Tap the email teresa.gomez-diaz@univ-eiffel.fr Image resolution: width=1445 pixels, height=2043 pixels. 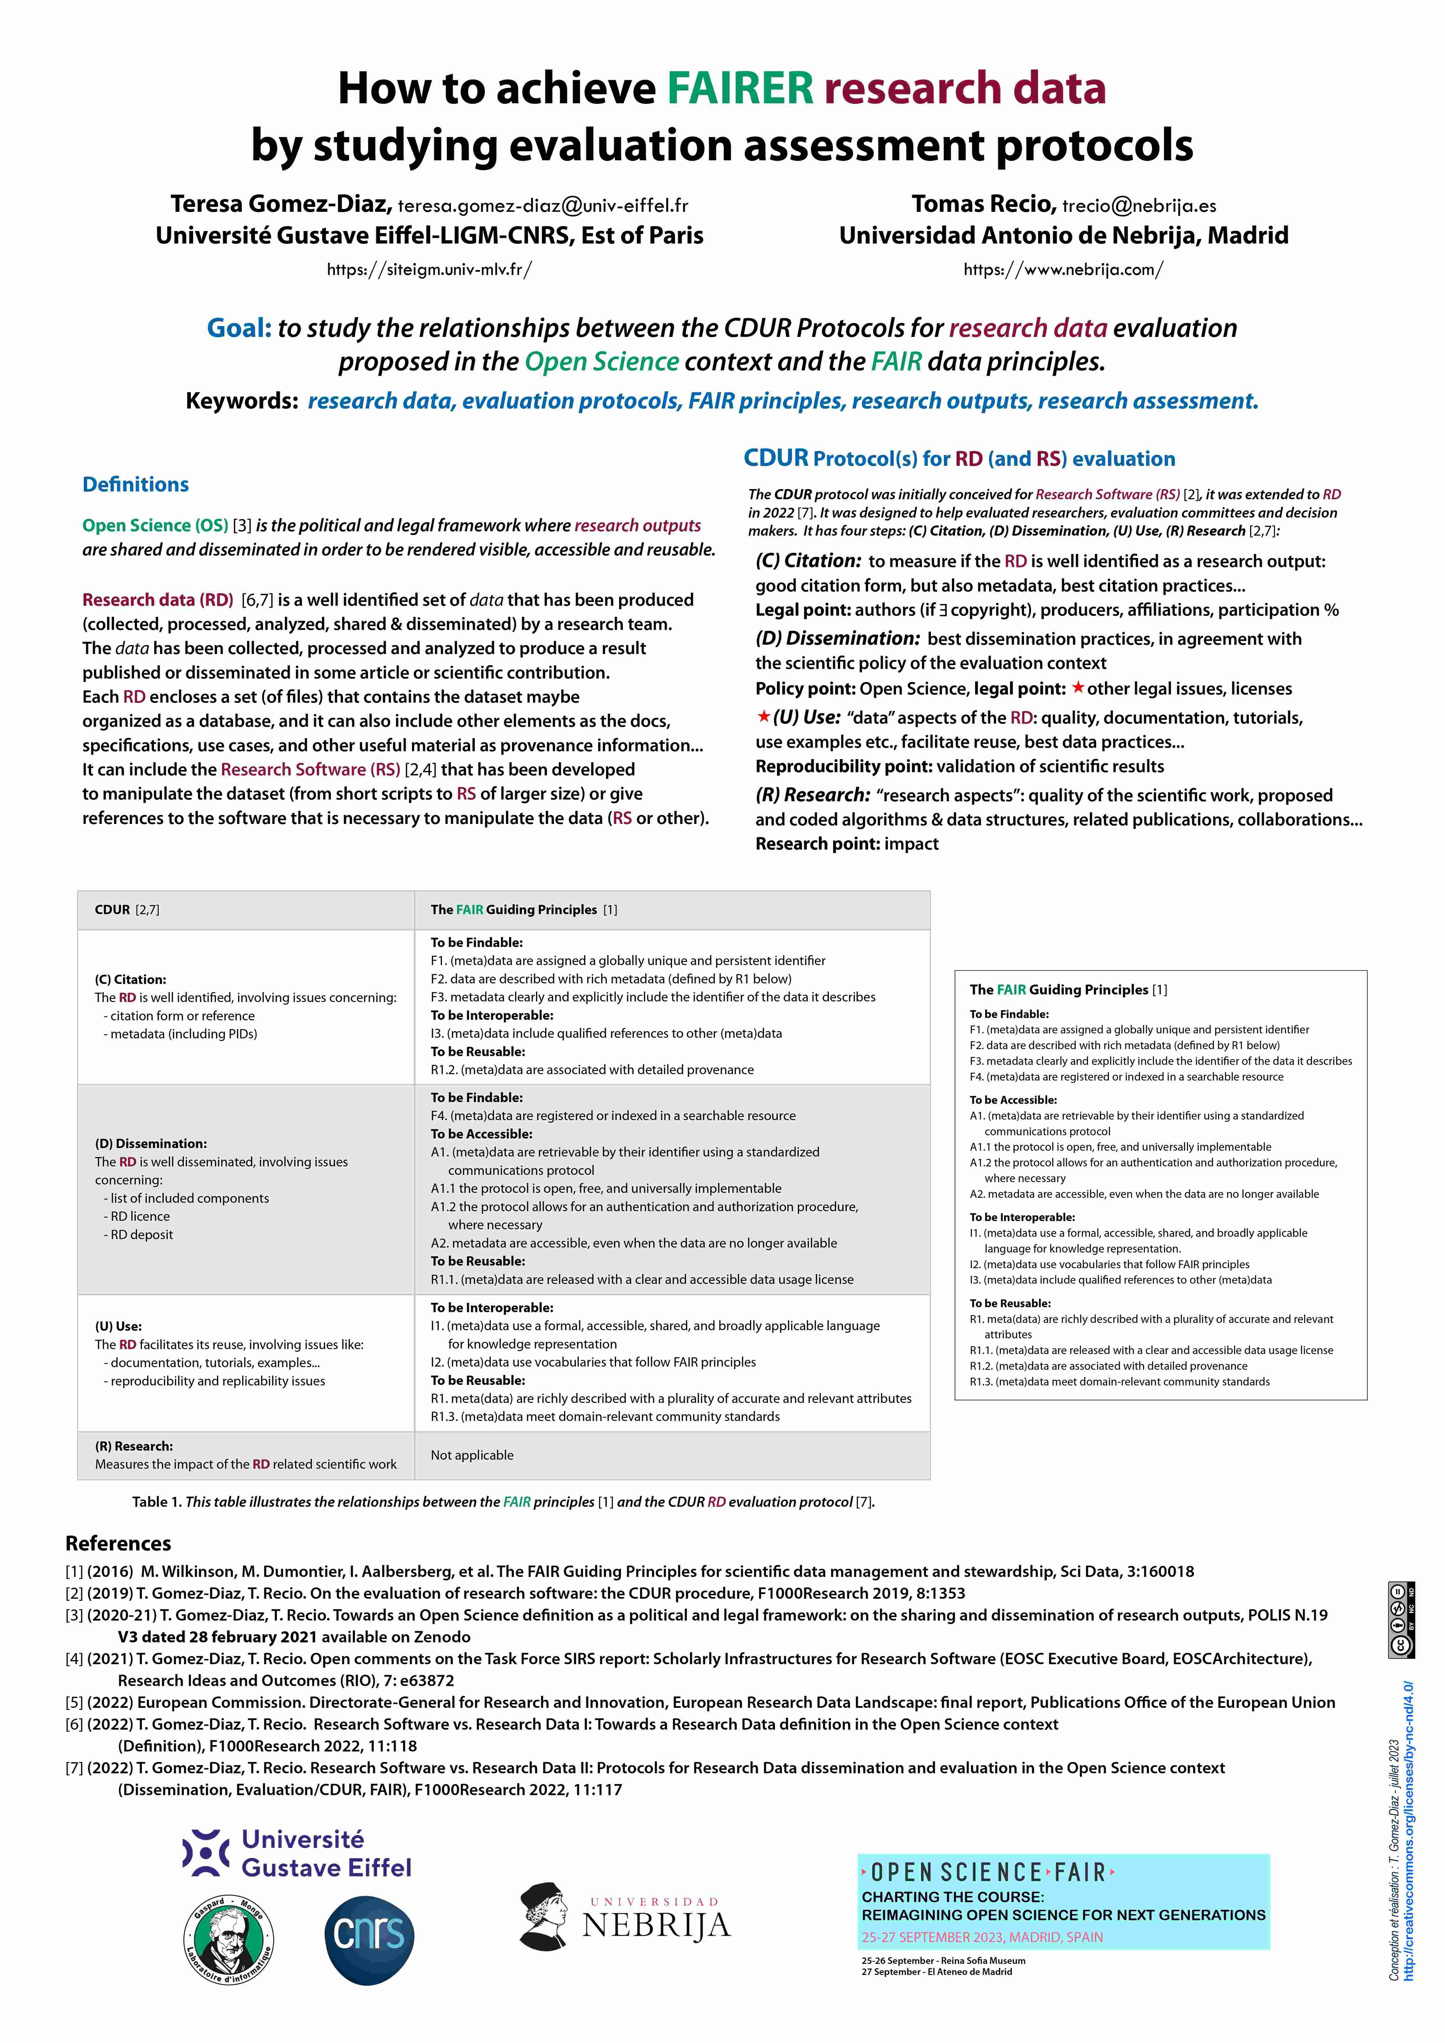(543, 205)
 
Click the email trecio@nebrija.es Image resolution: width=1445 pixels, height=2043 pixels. (1139, 205)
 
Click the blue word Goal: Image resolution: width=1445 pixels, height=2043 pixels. (239, 328)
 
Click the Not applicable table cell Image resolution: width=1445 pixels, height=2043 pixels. (472, 1455)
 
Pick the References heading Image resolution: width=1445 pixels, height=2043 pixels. (118, 1543)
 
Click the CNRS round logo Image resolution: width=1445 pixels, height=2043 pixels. (369, 1940)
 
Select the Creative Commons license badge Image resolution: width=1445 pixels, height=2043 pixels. (1401, 1619)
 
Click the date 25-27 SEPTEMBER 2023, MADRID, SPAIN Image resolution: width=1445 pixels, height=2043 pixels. (982, 1937)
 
